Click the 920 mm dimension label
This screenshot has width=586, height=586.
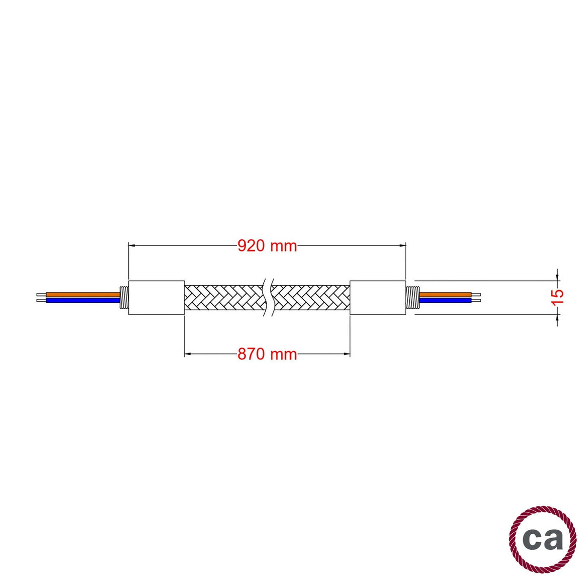pos(267,246)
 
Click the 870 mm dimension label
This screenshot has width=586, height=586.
pos(267,354)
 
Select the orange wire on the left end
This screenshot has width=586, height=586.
pos(83,294)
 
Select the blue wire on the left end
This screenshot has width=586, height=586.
pos(83,300)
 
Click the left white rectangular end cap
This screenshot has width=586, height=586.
pos(156,297)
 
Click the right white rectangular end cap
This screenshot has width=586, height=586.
pos(377,297)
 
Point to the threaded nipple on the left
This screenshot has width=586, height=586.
pos(124,297)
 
